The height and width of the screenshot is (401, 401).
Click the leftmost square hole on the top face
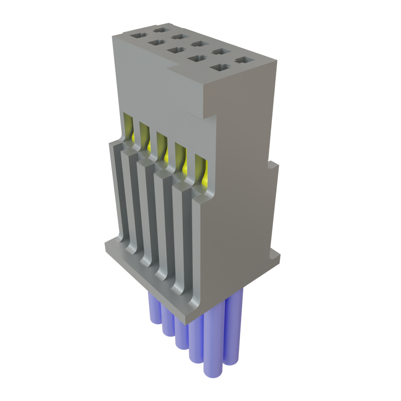tap(137, 36)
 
